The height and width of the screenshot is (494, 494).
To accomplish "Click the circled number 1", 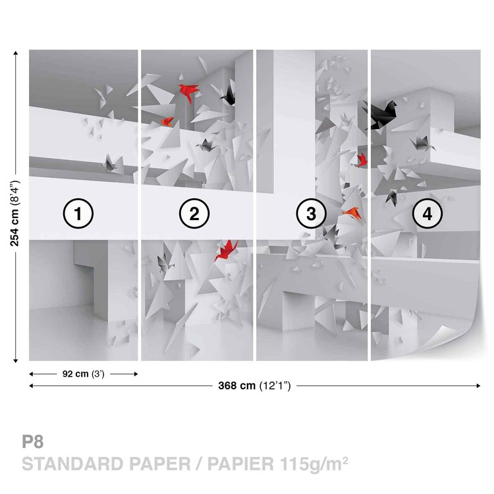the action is (x=78, y=213).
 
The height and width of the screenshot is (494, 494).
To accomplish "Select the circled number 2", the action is (x=194, y=213).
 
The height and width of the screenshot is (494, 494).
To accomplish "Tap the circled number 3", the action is (x=311, y=213).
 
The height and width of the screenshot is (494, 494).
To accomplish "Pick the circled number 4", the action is (x=427, y=213).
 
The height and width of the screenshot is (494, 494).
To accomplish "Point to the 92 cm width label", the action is (x=83, y=373).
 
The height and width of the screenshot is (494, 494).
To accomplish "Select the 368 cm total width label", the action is (x=254, y=385).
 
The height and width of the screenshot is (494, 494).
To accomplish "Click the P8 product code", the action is (x=32, y=441).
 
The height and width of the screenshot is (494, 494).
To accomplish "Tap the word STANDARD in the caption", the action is (x=72, y=464).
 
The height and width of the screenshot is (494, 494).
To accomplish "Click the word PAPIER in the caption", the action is (x=240, y=464).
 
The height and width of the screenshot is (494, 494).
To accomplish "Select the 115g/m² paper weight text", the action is (x=314, y=464).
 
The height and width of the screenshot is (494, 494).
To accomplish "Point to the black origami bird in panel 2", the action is (x=228, y=96).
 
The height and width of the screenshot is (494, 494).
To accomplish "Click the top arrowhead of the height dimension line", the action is (x=15, y=52).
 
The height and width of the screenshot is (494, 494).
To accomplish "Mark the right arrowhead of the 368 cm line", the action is (x=478, y=385).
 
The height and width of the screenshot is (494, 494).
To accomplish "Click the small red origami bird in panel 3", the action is (x=362, y=160).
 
